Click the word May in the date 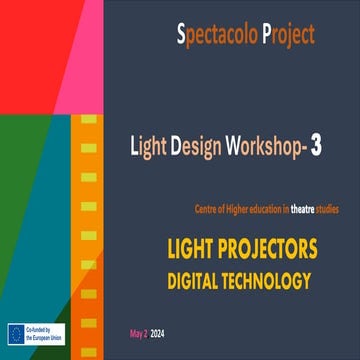(x=137, y=329)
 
